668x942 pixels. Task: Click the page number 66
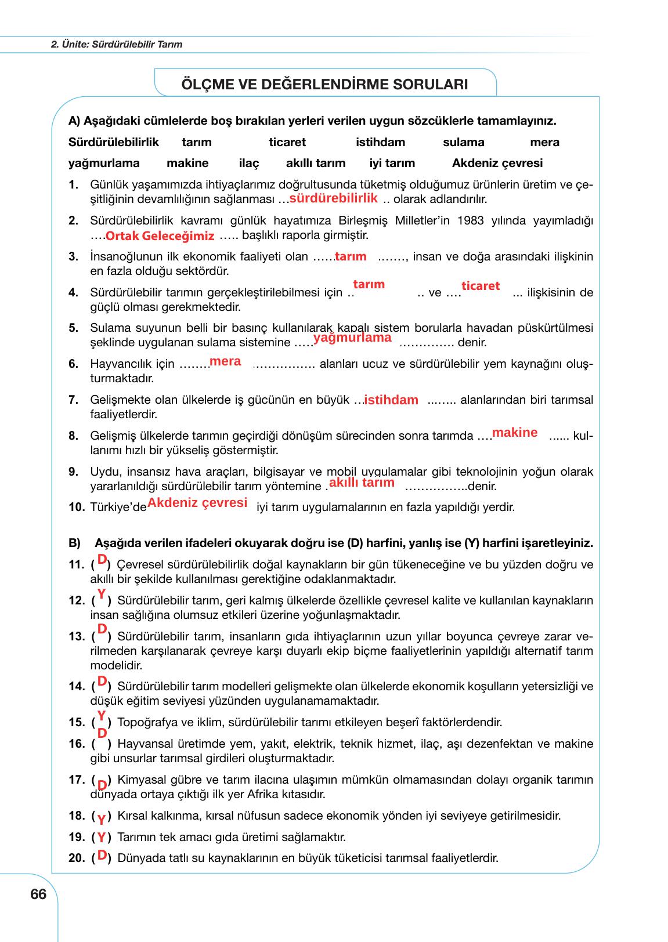point(38,894)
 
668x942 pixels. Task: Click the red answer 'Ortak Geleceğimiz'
point(160,237)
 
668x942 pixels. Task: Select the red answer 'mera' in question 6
point(225,362)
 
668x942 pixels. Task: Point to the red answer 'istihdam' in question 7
point(391,400)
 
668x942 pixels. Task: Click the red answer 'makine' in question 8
point(515,433)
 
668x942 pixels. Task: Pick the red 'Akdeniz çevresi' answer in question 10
point(197,503)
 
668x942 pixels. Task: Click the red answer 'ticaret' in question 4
point(481,286)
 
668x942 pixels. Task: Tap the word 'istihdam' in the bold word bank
point(380,143)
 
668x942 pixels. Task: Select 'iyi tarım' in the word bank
point(392,164)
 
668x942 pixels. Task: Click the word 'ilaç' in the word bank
point(249,164)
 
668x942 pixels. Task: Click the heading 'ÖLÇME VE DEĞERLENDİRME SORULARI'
point(325,85)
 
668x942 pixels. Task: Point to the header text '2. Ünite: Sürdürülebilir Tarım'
point(117,44)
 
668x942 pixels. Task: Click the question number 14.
point(76,687)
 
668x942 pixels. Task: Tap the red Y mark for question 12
point(102,594)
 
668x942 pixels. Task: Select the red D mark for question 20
point(102,856)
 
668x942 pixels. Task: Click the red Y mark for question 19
point(101,838)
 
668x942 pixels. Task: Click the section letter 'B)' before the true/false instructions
point(74,544)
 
